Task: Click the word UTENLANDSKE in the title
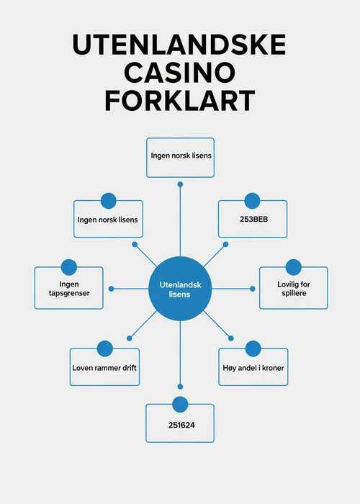pos(179,45)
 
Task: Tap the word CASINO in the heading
pos(179,72)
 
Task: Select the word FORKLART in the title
pos(180,100)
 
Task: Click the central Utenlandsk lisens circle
pos(180,289)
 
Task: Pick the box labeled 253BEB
pos(253,219)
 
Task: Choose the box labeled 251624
pos(180,423)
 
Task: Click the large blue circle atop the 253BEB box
pos(252,201)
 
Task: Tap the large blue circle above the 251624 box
pos(180,405)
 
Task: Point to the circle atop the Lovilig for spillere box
pos(294,267)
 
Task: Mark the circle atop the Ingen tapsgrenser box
pos(69,267)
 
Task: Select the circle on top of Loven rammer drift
pos(105,348)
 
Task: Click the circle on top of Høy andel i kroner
pos(253,348)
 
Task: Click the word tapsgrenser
pos(69,293)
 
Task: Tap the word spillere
pos(294,293)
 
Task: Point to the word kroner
pos(273,368)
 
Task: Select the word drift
pos(129,368)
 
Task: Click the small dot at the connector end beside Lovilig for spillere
pos(253,289)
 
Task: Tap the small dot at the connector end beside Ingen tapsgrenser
pos(111,289)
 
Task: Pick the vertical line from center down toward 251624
pos(180,352)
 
